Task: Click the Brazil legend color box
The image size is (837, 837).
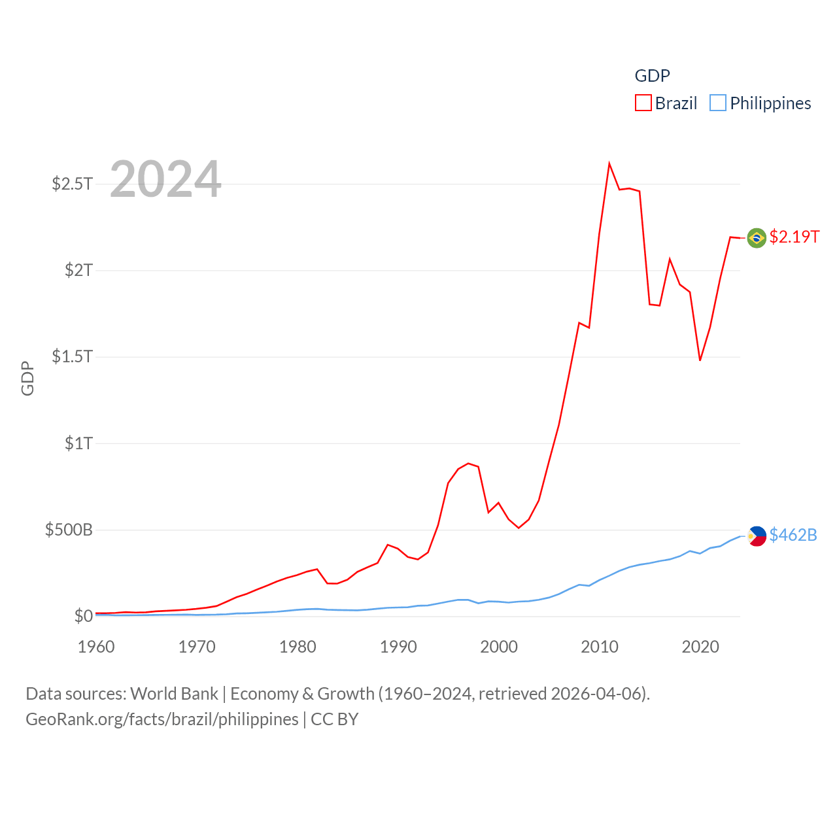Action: click(643, 103)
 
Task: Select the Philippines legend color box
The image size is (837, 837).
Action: click(718, 103)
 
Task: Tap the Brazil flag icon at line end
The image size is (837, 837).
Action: click(757, 238)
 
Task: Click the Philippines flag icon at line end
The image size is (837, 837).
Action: click(757, 536)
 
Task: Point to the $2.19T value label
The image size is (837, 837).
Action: click(794, 237)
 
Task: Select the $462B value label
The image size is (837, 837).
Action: click(793, 535)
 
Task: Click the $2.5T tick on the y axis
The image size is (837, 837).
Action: click(73, 184)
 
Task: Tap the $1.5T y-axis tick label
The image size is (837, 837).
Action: click(73, 356)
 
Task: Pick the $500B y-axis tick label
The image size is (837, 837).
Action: click(69, 530)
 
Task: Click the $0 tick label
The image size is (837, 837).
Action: click(84, 616)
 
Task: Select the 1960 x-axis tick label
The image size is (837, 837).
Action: click(96, 647)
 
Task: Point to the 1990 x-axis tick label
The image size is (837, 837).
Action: click(398, 647)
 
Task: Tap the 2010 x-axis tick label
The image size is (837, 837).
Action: click(600, 647)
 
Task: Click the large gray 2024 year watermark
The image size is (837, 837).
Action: click(165, 179)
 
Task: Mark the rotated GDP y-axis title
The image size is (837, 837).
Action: click(27, 378)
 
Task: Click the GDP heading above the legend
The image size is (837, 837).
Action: click(652, 76)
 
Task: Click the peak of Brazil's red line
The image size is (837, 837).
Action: click(609, 163)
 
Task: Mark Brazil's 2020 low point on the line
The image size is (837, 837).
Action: click(700, 360)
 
